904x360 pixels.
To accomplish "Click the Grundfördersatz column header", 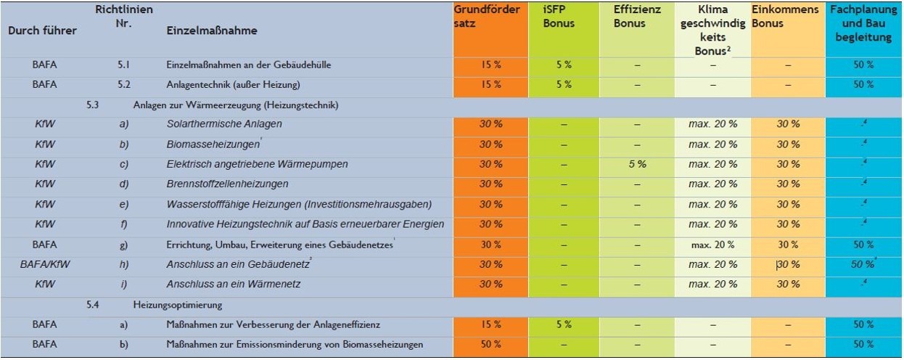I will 487,17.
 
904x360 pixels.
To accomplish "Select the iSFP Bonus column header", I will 558,17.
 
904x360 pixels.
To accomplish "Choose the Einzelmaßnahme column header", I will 211,31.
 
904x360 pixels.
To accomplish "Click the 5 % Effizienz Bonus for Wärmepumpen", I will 638,164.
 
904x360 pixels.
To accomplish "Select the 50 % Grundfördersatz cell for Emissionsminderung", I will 490,344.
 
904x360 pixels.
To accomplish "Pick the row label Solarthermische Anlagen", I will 224,124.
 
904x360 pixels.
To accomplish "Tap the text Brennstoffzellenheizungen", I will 227,184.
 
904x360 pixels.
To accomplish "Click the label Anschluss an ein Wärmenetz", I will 233,284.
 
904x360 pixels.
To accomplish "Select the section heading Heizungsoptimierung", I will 177,305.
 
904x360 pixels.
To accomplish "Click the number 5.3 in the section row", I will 92,105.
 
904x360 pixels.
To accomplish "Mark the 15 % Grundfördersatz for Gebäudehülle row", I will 490,65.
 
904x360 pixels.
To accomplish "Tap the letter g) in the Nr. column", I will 123,244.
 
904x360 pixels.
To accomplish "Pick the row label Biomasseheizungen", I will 213,144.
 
